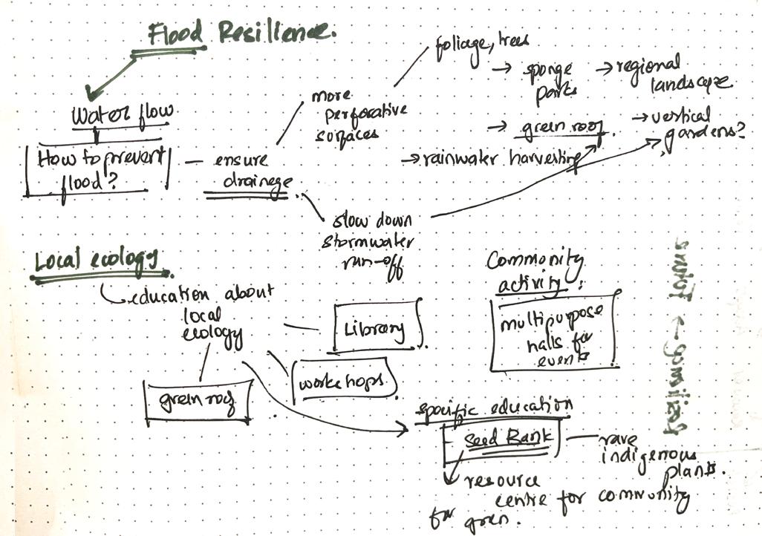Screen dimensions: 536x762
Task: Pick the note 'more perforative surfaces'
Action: (356, 115)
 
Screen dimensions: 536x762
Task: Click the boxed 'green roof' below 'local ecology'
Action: (197, 402)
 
